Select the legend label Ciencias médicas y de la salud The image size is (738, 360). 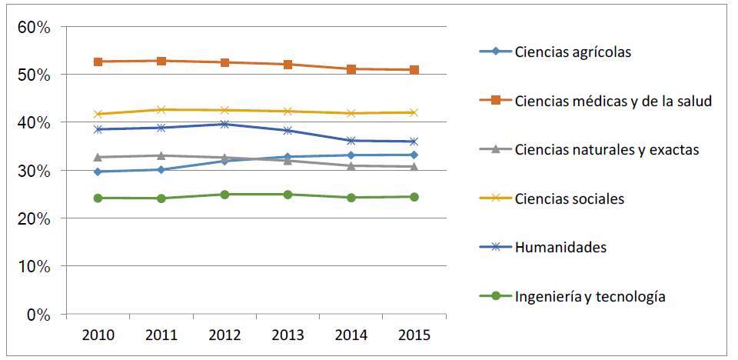[x=613, y=101]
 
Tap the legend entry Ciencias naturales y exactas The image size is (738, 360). [x=607, y=149]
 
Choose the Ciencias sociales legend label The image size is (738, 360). [x=569, y=198]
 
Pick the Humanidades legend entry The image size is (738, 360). [x=560, y=247]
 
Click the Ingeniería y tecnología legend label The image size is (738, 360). [x=590, y=296]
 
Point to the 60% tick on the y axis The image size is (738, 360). [x=33, y=27]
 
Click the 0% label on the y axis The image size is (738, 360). [x=38, y=315]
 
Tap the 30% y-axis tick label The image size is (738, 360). [x=33, y=171]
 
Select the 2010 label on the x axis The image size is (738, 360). [x=98, y=335]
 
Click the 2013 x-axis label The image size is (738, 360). [x=288, y=335]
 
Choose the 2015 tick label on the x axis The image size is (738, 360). [x=414, y=335]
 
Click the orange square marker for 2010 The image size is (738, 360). [x=98, y=62]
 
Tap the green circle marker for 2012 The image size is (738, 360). [x=224, y=195]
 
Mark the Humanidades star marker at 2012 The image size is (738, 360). [x=224, y=124]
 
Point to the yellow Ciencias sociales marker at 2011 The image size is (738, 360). [x=161, y=110]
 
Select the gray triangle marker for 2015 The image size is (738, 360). [x=414, y=167]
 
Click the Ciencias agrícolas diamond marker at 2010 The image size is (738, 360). [x=98, y=172]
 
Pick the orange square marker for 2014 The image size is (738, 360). [x=351, y=69]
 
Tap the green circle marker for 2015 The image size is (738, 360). [x=414, y=197]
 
